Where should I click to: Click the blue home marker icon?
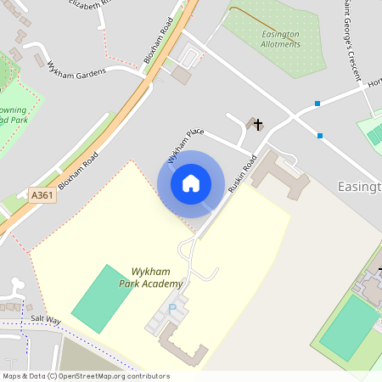191,183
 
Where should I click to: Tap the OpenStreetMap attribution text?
85,376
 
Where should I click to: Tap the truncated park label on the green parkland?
13,115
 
